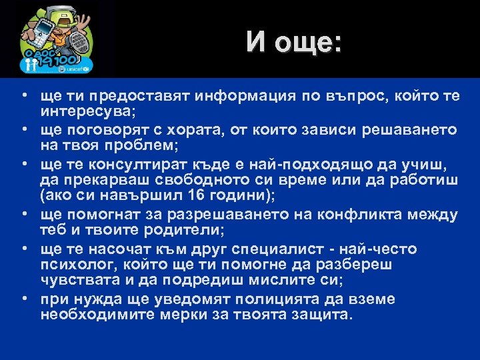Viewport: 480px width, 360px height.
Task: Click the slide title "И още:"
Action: coord(293,42)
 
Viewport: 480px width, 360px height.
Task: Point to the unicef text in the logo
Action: coord(79,68)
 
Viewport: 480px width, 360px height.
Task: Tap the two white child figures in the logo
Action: coord(29,65)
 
